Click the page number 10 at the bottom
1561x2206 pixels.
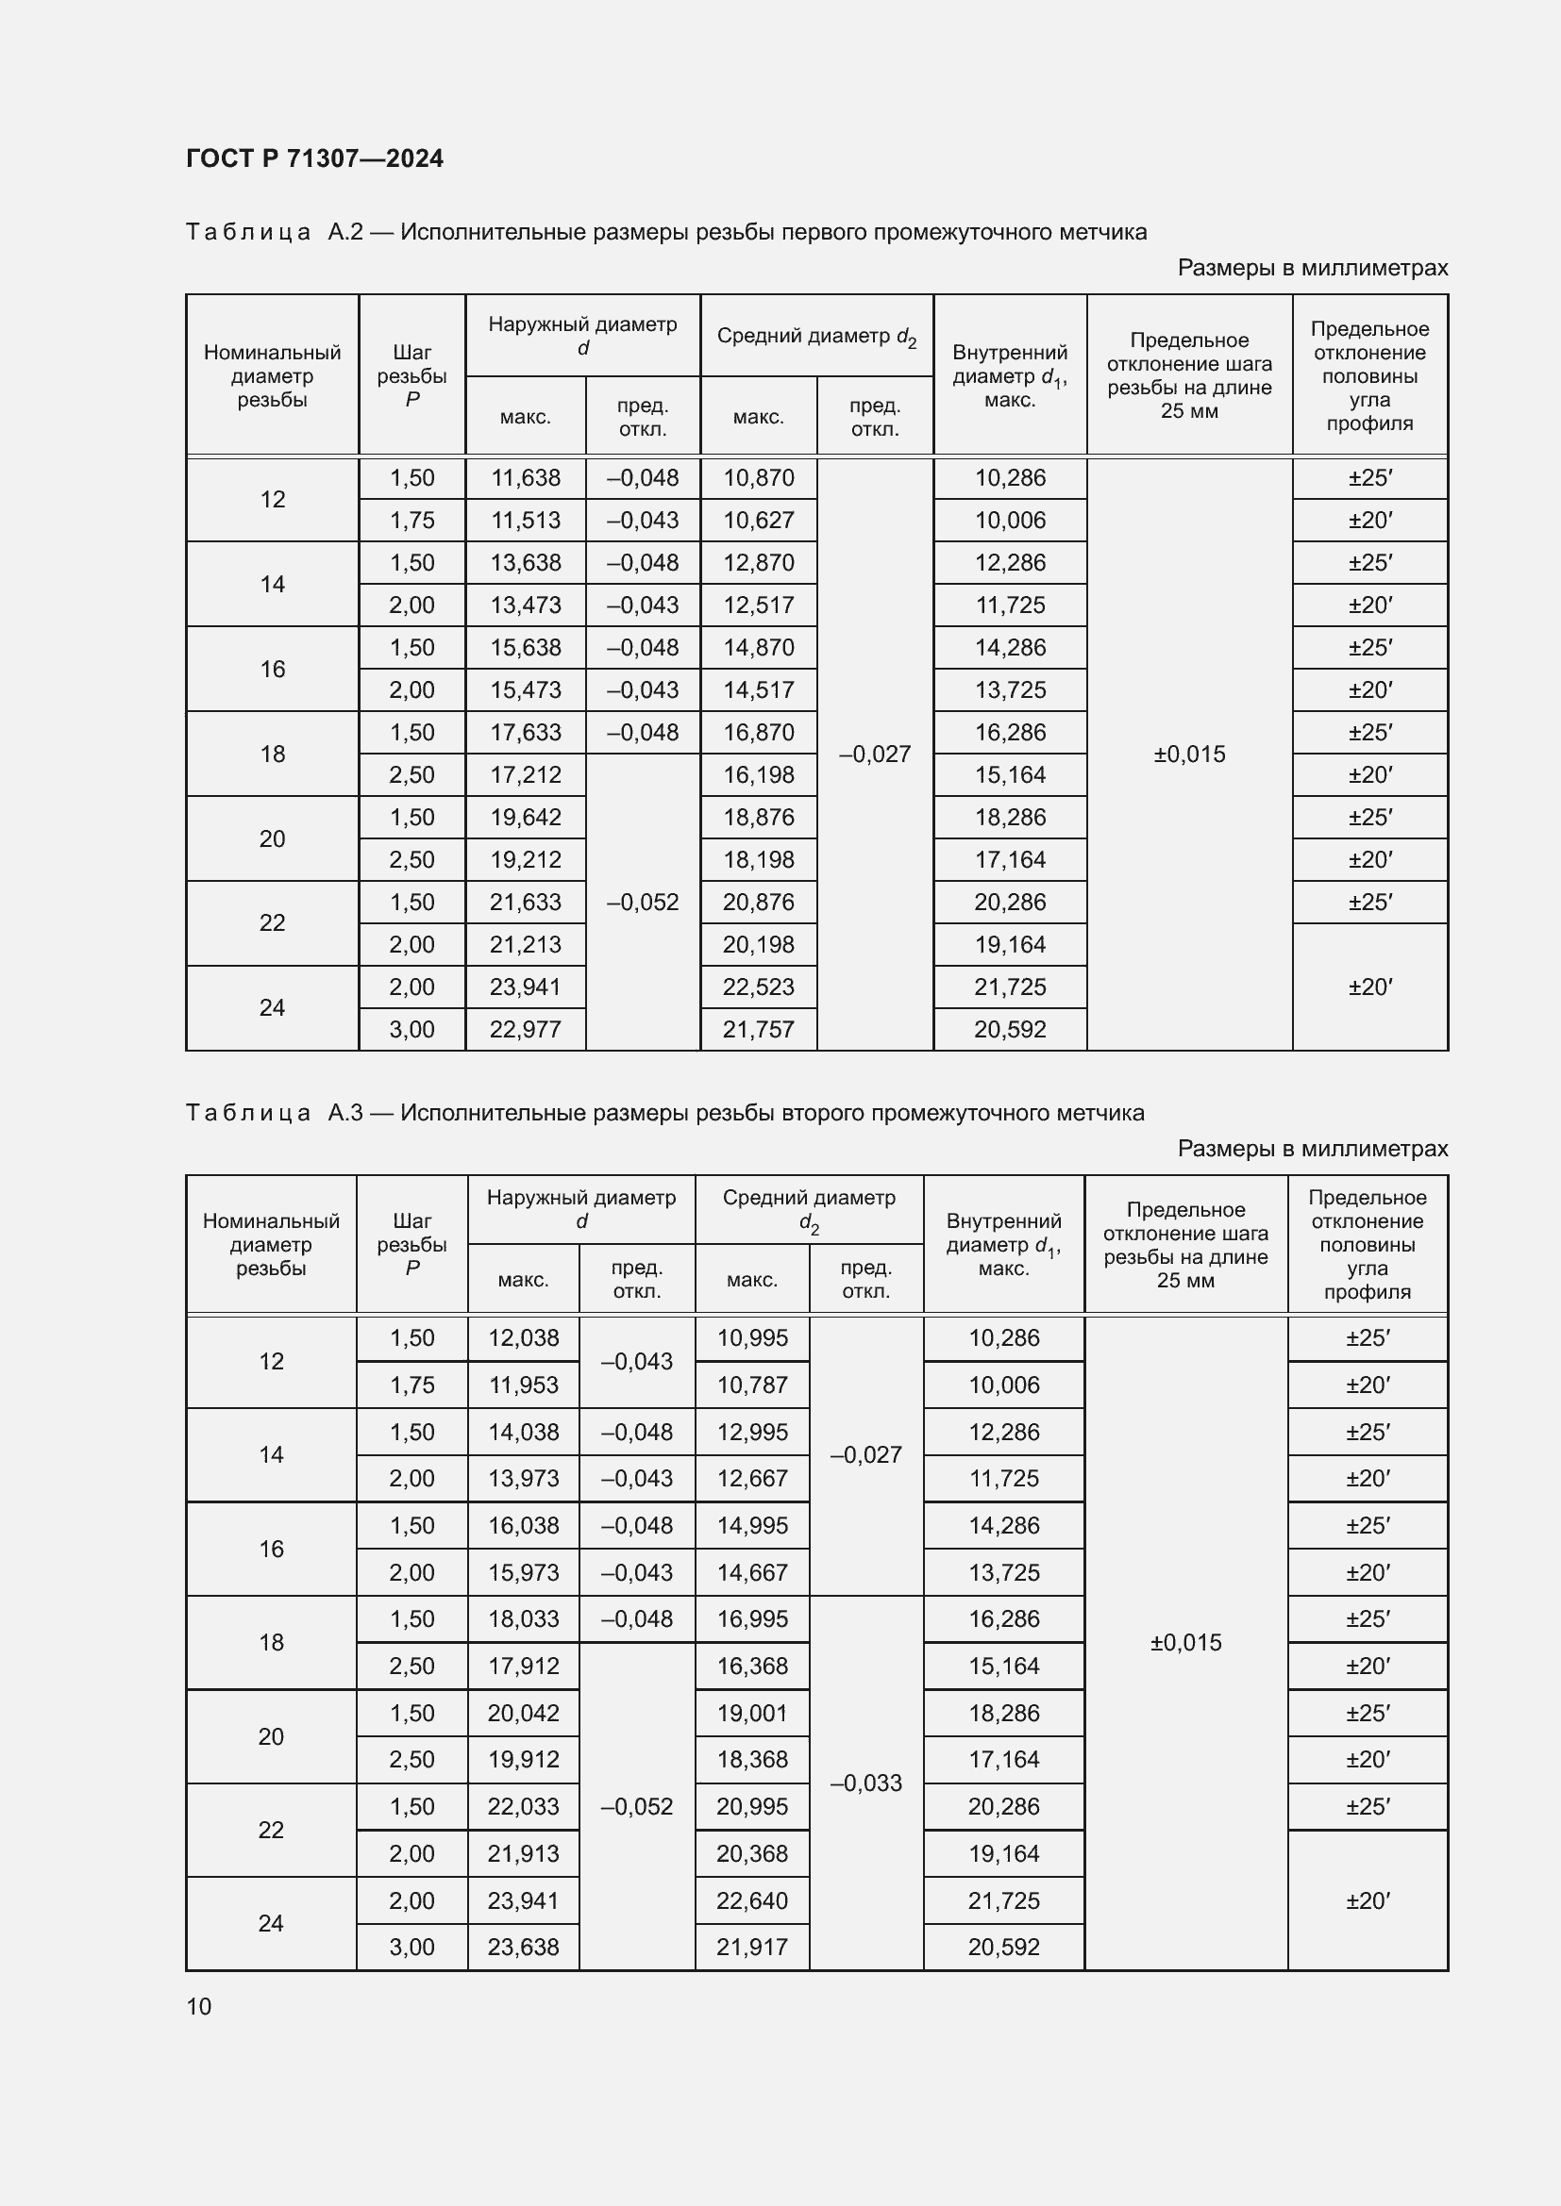click(x=199, y=2006)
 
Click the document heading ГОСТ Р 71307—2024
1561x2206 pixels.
click(x=314, y=158)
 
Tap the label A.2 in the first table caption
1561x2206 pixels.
click(x=345, y=232)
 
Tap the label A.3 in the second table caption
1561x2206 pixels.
click(x=345, y=1113)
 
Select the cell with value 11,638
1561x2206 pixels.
click(x=525, y=477)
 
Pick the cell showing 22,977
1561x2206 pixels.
click(x=525, y=1029)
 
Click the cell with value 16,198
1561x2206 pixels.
click(x=759, y=774)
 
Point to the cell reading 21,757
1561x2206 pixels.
click(x=759, y=1029)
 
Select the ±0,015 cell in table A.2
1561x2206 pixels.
click(x=1189, y=755)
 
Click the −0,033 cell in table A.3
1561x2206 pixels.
click(x=865, y=1783)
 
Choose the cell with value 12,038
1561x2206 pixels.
click(x=523, y=1337)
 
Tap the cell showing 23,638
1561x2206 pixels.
click(x=523, y=1947)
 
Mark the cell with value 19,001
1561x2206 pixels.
click(x=751, y=1713)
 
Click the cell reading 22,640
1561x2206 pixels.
click(x=751, y=1900)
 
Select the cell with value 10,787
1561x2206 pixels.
click(x=751, y=1385)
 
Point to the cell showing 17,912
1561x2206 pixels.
click(x=523, y=1666)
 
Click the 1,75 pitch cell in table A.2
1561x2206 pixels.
click(x=411, y=520)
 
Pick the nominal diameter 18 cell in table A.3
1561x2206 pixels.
click(x=271, y=1642)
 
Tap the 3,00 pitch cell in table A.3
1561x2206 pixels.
click(x=411, y=1947)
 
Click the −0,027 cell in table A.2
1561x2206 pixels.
click(x=875, y=755)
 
